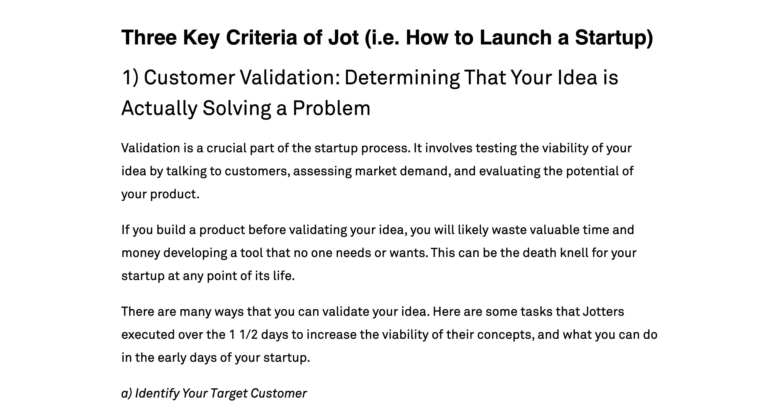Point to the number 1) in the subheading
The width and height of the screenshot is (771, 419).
pos(130,77)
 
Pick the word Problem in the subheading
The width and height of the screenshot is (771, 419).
pos(331,108)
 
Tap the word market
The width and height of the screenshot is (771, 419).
pos(376,171)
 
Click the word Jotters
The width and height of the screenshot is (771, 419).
pos(603,312)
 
